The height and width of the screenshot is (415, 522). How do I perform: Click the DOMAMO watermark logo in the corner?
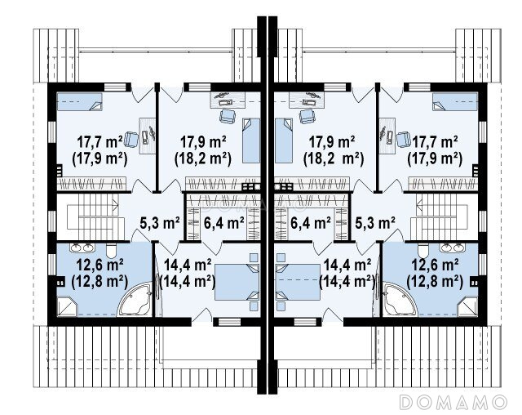pos(453,402)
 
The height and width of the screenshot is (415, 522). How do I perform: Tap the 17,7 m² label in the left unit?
pos(100,142)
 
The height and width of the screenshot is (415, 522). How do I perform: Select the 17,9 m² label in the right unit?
pos(332,142)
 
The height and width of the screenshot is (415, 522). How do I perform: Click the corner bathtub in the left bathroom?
pos(135,299)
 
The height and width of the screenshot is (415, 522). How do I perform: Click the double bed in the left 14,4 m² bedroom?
pos(237,282)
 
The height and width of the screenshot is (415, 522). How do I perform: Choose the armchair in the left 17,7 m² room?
pos(131,140)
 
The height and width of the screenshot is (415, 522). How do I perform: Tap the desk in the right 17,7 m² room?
pos(387,136)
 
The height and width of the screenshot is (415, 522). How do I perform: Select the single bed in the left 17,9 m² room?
pos(251,141)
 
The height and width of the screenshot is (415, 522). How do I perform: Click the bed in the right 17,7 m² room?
pos(455,101)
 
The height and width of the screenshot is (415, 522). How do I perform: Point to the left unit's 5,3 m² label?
pos(160,223)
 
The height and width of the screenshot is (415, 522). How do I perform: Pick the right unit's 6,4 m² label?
pos(310,223)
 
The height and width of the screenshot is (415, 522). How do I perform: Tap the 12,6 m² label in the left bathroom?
pos(100,266)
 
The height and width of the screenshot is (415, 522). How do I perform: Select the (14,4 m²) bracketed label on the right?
pos(347,282)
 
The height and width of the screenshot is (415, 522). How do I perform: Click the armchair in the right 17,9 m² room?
pos(307,116)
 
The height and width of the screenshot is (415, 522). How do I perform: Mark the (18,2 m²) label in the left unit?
pos(203,158)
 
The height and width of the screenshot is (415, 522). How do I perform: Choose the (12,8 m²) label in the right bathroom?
pos(435,282)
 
